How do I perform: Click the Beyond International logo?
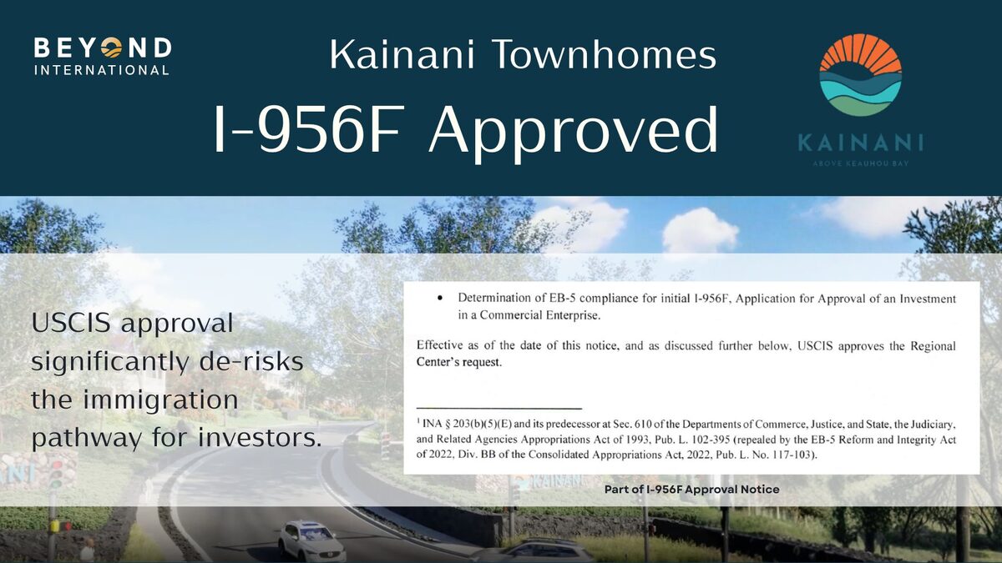pos(102,55)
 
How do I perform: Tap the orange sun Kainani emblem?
pos(860,75)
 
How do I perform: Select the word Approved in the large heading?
pos(573,130)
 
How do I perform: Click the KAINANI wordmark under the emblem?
pos(860,142)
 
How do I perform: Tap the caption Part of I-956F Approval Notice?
pos(691,490)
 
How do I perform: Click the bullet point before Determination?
pos(439,299)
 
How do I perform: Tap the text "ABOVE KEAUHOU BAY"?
pos(860,163)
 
